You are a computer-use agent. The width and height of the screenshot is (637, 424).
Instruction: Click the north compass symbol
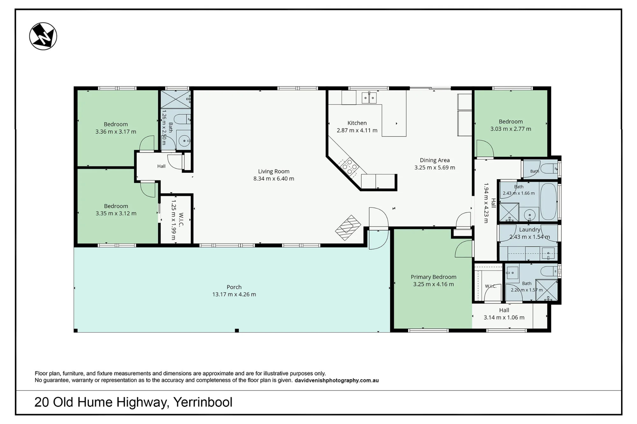point(43,36)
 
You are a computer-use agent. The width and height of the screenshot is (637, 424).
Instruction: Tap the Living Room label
point(274,171)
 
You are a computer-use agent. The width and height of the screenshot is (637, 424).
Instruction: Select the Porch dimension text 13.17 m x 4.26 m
point(234,295)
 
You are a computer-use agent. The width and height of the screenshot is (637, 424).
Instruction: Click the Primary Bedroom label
point(433,277)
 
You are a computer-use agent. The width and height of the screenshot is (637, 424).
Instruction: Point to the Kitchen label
point(357,123)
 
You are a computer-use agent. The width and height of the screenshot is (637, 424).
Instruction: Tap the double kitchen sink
point(369,98)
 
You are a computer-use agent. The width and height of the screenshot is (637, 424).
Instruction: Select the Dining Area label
point(435,160)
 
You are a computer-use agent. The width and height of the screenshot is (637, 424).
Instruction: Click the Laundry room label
point(530,230)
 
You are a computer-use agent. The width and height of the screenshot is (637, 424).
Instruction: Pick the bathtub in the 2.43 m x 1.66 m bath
point(548,201)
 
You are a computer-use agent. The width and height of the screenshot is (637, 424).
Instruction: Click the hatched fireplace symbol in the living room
point(348,228)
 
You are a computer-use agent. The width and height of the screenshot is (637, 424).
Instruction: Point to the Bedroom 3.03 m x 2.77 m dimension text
point(511,129)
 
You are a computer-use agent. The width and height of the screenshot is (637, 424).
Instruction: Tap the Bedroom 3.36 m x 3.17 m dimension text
point(116,132)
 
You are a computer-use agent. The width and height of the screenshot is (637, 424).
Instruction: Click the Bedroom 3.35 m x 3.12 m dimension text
point(116,213)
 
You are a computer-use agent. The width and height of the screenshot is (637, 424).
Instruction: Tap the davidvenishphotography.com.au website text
point(337,380)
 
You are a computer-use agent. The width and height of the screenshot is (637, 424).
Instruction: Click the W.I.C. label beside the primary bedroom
point(490,286)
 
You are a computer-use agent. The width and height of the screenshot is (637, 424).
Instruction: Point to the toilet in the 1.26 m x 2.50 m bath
point(182,119)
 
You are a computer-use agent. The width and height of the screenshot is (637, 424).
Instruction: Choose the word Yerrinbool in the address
point(203,402)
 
